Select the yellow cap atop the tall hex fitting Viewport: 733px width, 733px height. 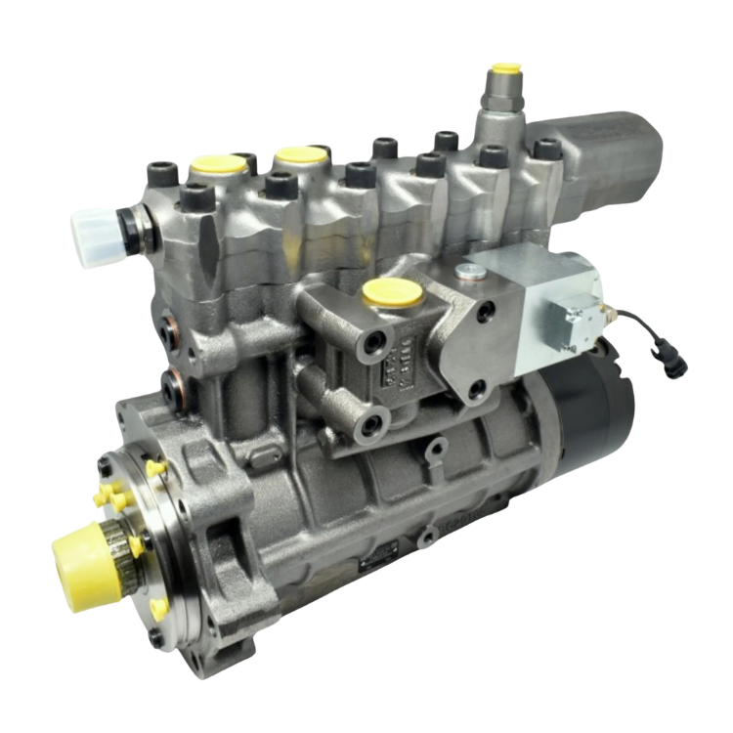(505, 71)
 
